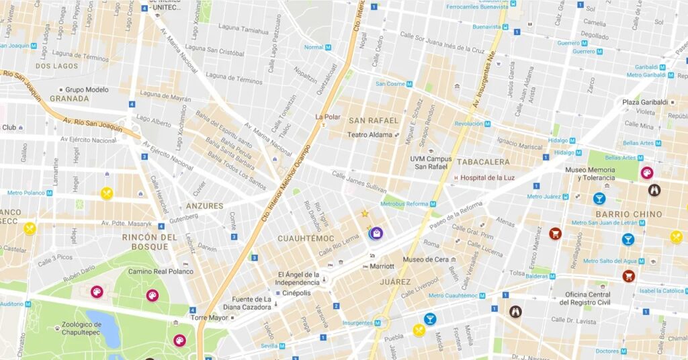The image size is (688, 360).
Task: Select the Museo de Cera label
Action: [425, 260]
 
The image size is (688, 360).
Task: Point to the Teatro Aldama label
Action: [370, 135]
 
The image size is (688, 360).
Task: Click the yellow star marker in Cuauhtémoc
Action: [365, 214]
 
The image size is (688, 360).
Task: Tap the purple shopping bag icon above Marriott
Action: [377, 233]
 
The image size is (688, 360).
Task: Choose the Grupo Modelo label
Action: [87, 89]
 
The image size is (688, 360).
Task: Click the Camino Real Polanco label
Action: [161, 272]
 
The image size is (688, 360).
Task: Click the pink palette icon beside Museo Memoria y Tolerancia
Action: [646, 173]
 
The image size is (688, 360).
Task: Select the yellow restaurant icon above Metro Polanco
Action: [106, 193]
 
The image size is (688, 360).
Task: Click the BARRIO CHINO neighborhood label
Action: [628, 214]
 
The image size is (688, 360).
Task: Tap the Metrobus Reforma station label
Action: [404, 204]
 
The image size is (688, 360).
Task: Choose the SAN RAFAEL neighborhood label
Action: [374, 120]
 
